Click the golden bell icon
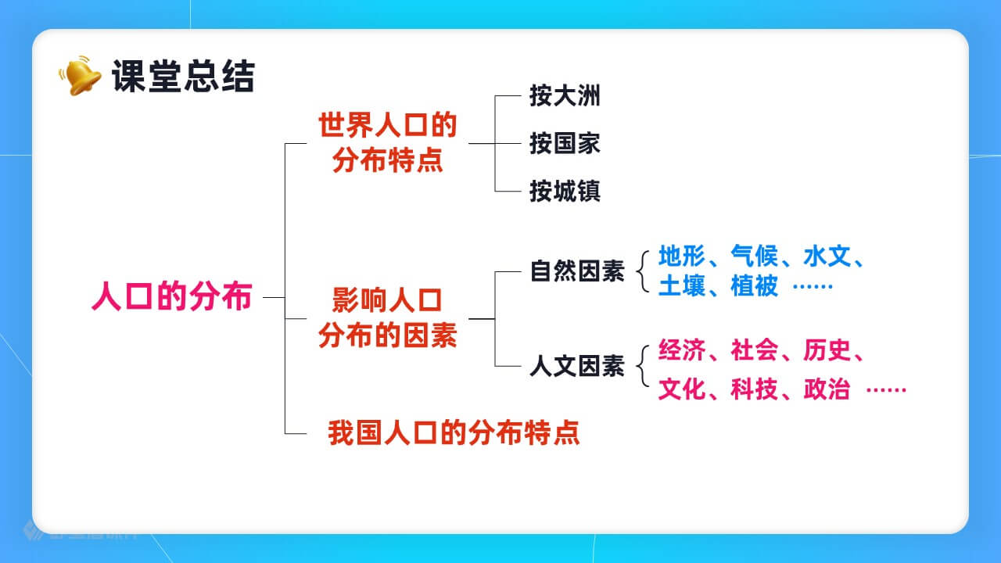point(81,75)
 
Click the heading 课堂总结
point(183,77)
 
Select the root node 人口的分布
point(172,296)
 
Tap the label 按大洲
point(565,95)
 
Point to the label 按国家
point(565,143)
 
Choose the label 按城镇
point(565,192)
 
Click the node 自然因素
point(577,271)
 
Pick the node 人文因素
point(577,366)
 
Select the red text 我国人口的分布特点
point(454,432)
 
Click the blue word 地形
point(682,256)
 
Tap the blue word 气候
point(755,256)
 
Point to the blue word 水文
point(827,256)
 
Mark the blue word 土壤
point(682,286)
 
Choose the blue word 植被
point(755,286)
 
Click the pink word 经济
point(682,350)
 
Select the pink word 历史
point(827,350)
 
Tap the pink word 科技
point(755,389)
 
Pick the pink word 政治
point(827,389)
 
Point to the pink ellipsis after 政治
point(886,390)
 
